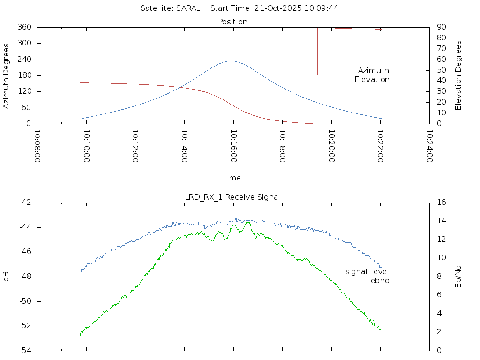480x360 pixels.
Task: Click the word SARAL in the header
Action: point(188,8)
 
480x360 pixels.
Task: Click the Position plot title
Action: point(233,22)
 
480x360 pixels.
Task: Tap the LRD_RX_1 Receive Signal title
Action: point(232,197)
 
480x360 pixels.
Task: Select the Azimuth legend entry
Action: point(374,70)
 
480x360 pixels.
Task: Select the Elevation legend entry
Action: point(372,80)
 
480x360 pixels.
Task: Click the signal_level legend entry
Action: point(367,271)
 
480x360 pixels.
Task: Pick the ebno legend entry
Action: point(380,280)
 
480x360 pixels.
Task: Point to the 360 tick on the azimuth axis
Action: point(24,27)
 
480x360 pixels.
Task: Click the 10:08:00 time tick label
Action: point(37,146)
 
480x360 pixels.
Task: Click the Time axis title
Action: point(232,178)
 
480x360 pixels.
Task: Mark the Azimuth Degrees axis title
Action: point(7,75)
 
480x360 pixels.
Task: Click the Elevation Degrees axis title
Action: point(459,75)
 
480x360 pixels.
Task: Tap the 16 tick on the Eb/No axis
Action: point(441,202)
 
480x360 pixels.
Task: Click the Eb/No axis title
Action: point(459,276)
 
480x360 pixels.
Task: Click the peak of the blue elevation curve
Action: point(231,61)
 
